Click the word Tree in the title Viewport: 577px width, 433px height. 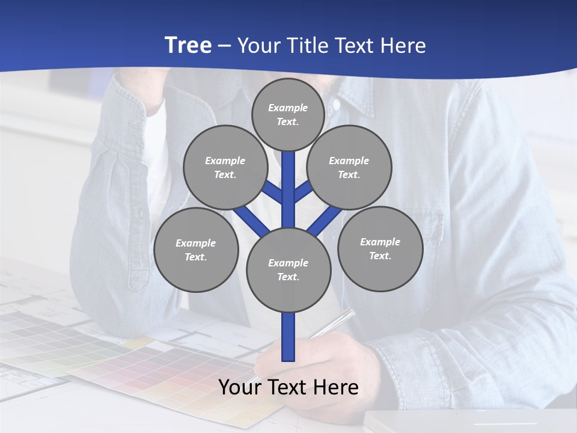[x=188, y=46]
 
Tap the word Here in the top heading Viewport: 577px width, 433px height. [x=403, y=46]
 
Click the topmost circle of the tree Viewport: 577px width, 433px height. [x=288, y=114]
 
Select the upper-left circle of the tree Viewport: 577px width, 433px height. [x=225, y=167]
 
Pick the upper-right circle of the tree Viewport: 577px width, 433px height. [x=349, y=167]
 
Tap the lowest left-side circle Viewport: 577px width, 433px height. [x=196, y=250]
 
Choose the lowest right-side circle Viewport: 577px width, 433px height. [x=380, y=248]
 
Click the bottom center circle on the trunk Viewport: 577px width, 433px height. [x=288, y=270]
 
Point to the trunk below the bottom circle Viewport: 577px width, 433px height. [x=288, y=337]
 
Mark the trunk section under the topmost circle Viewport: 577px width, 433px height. [x=288, y=180]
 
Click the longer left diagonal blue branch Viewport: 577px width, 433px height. [x=251, y=221]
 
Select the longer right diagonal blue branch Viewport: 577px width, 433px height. [x=325, y=221]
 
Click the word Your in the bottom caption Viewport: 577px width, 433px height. [x=239, y=387]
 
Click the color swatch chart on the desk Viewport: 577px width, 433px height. [x=150, y=373]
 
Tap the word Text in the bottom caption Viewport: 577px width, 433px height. [x=288, y=387]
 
